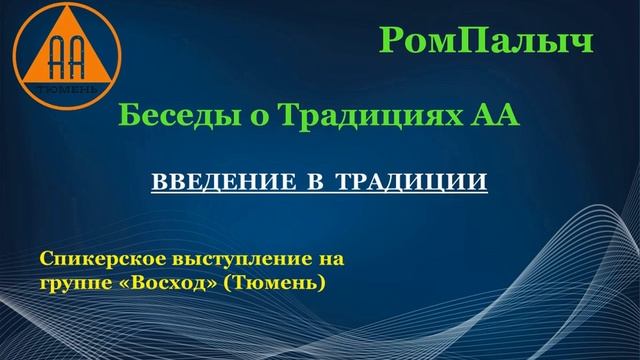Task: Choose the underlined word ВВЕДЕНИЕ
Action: point(209,184)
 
